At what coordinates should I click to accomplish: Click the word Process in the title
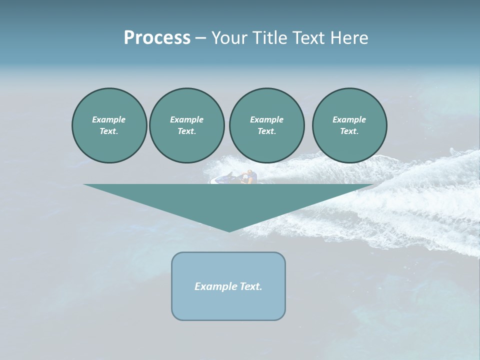157,38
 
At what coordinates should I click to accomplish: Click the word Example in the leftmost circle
109,119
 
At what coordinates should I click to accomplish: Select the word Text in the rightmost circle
349,131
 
